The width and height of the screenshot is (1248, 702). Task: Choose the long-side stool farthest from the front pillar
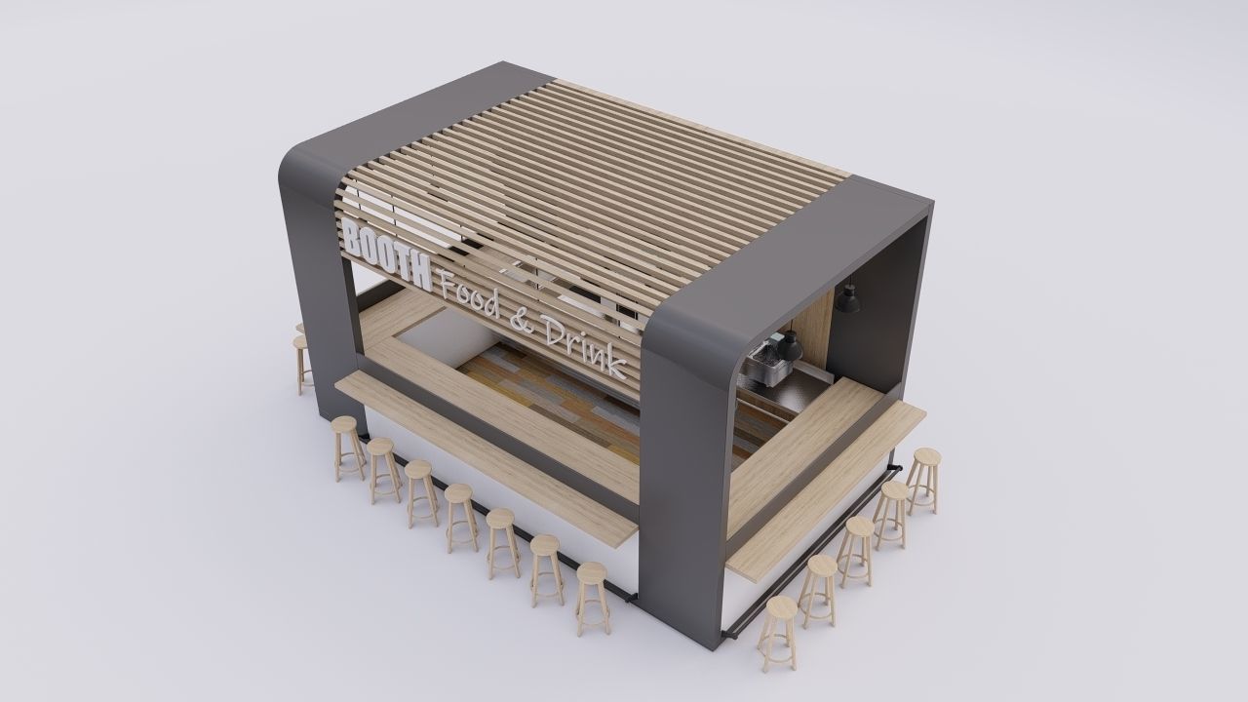point(346,445)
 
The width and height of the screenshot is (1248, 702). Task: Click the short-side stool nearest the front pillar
point(777,629)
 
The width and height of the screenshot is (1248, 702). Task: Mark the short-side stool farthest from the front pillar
point(923,478)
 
